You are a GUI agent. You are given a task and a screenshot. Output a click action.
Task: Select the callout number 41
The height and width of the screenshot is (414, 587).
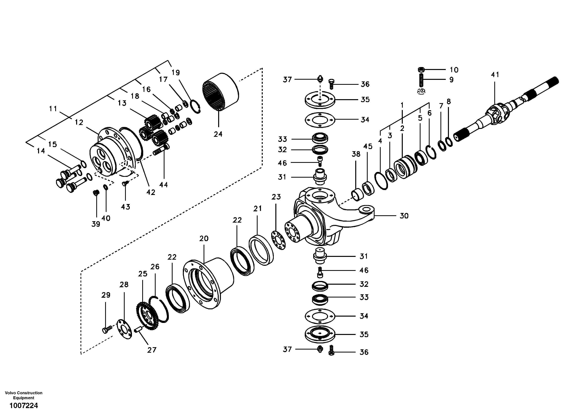495,75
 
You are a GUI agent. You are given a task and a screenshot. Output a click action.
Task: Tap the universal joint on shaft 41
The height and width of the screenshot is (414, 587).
497,115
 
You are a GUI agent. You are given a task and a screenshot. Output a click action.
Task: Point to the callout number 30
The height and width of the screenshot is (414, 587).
404,216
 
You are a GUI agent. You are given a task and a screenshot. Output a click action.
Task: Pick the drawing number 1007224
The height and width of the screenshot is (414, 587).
24,406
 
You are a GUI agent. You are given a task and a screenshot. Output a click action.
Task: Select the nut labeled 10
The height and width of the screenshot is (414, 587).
421,70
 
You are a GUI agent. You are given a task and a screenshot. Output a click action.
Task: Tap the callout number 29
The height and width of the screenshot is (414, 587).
106,295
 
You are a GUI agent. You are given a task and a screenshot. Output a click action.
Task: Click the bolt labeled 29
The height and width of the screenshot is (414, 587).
107,329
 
